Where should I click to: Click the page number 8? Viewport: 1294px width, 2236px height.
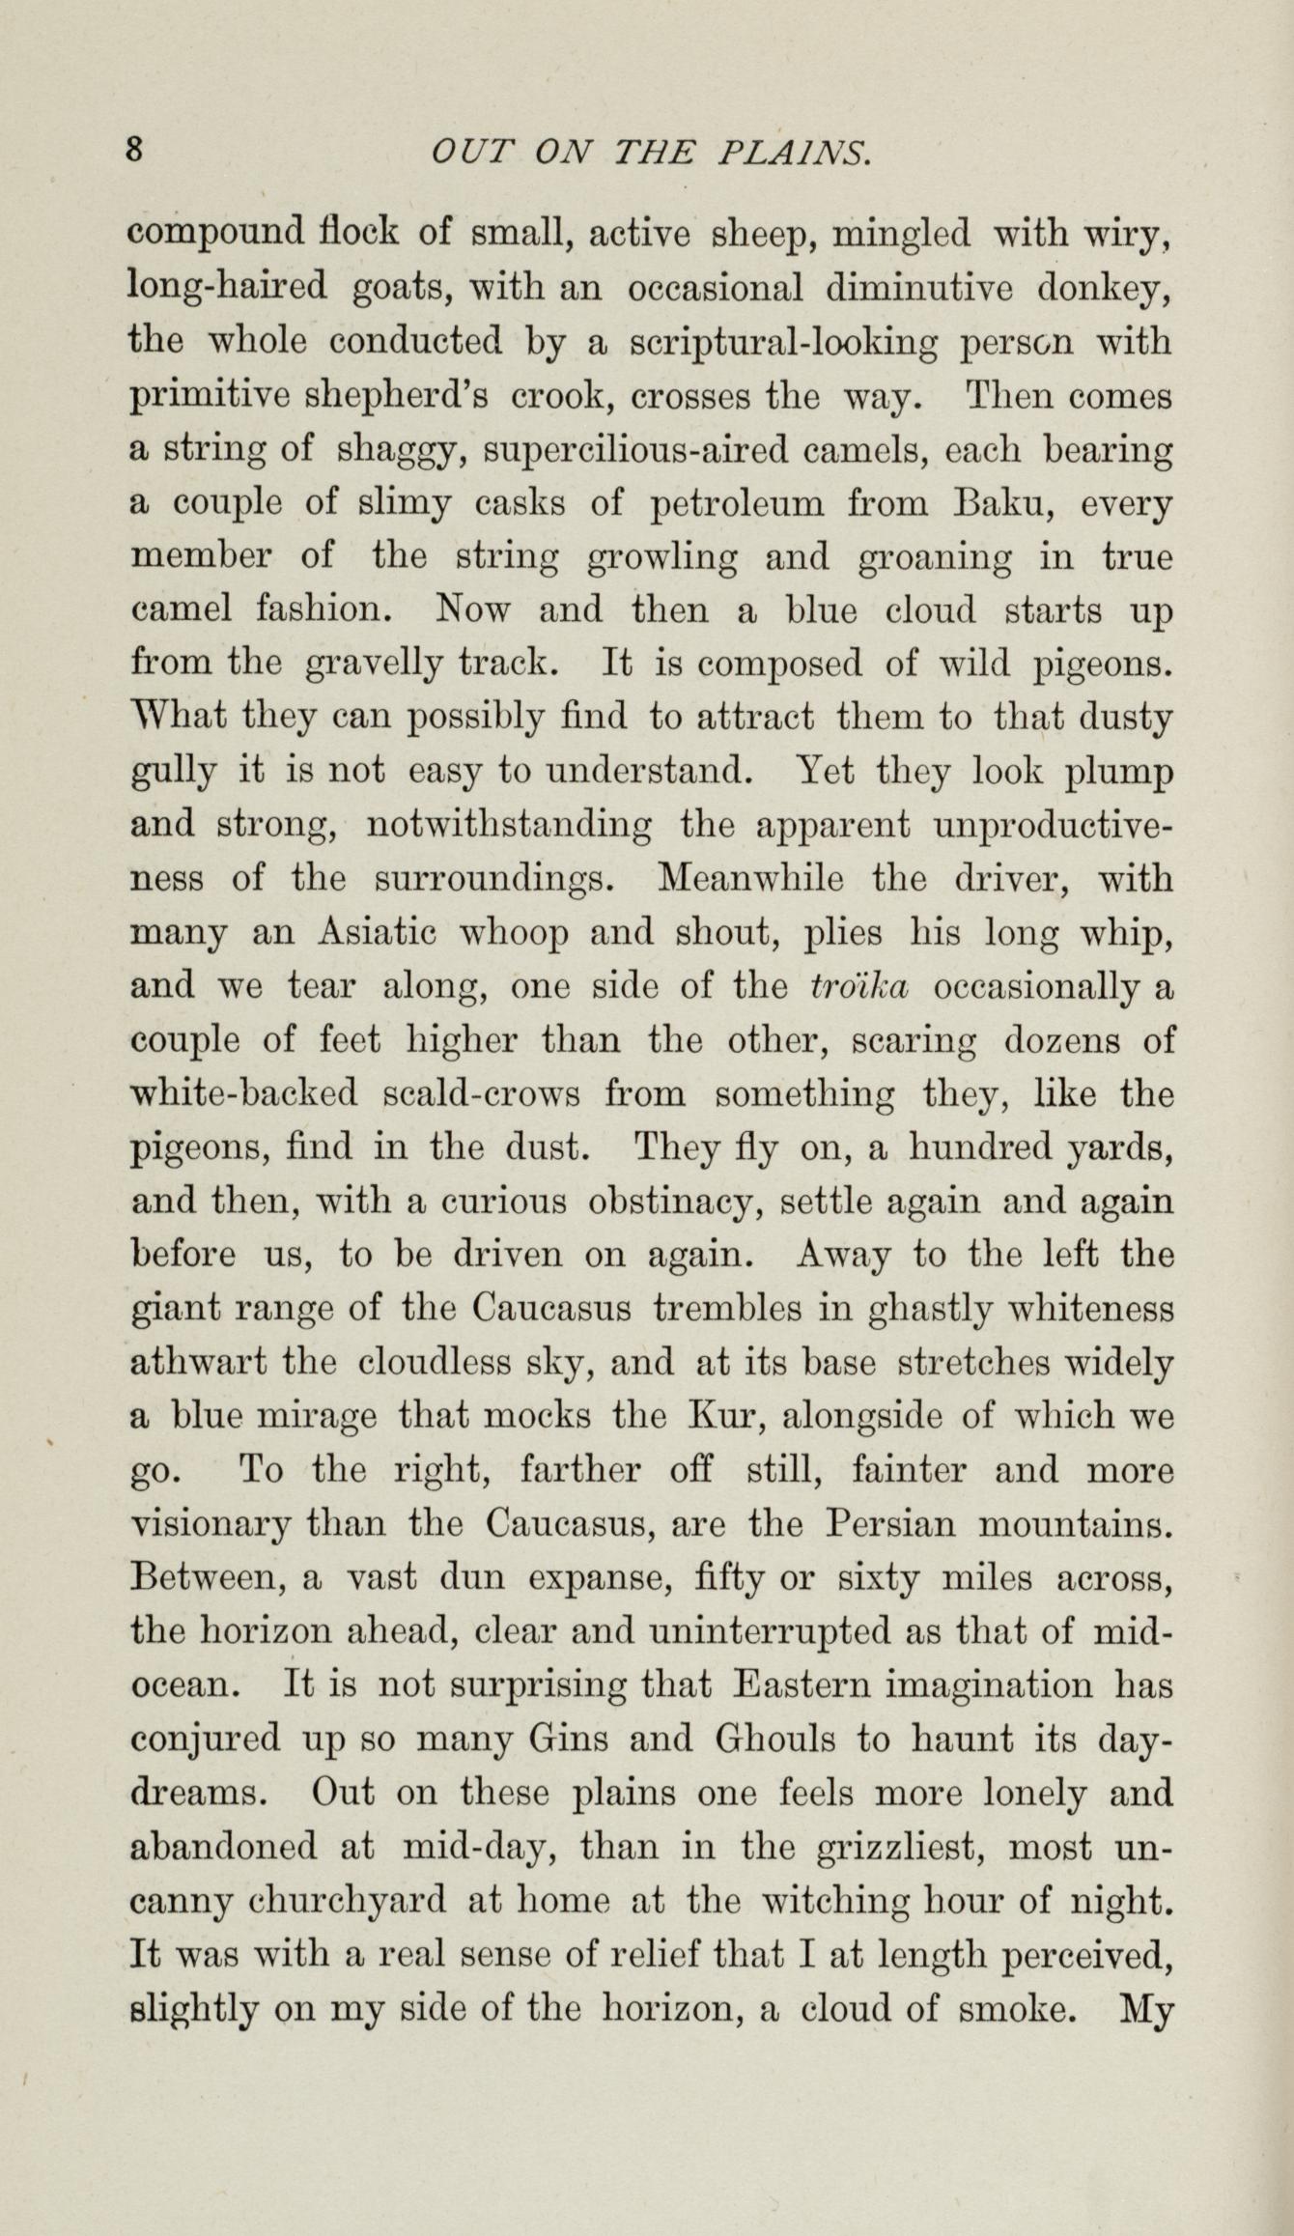pos(136,152)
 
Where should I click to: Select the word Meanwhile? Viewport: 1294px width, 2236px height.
pos(752,880)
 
